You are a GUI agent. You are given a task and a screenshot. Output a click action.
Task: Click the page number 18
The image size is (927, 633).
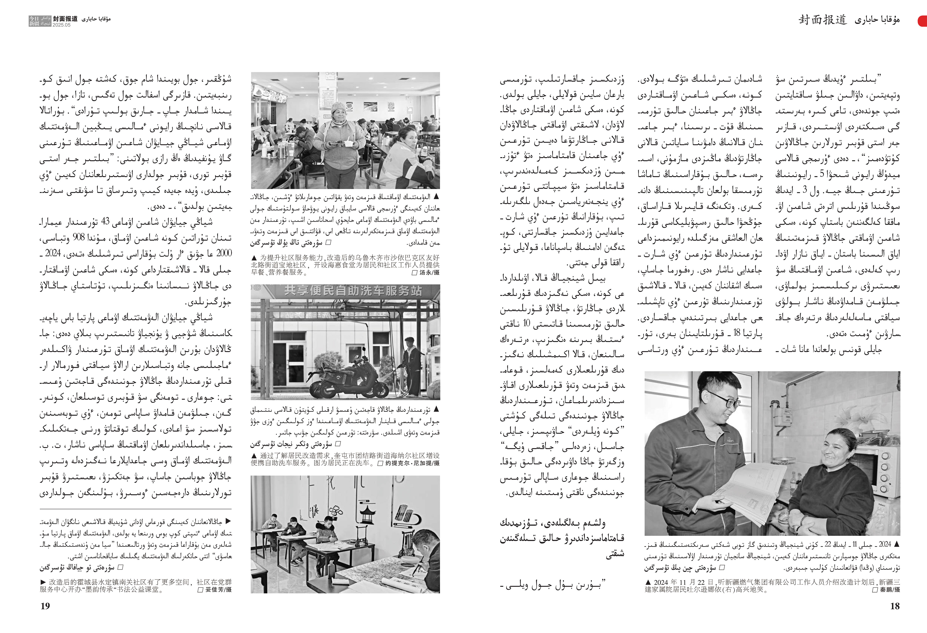click(895, 606)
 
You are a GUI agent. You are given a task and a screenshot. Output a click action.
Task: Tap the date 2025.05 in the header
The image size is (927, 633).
click(61, 25)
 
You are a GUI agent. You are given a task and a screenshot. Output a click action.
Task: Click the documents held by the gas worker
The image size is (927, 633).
click(750, 490)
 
